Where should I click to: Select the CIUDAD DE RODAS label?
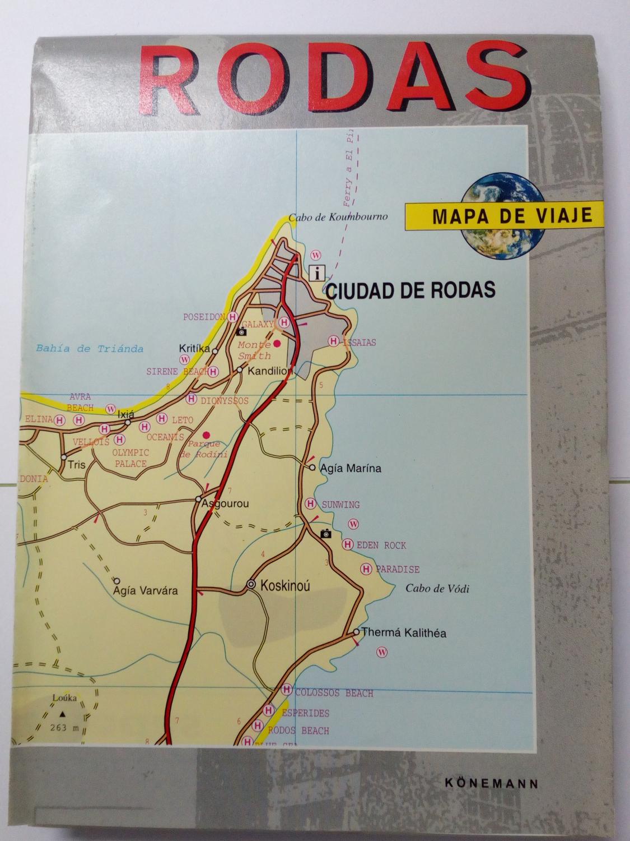click(x=410, y=289)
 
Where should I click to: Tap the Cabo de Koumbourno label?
click(x=338, y=218)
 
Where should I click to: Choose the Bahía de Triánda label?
click(x=90, y=349)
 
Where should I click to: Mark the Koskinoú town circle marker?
click(x=251, y=584)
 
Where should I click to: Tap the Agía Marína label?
click(x=350, y=468)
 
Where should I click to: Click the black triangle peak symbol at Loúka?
click(x=62, y=714)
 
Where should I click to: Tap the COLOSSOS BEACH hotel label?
click(x=334, y=694)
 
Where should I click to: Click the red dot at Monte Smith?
click(x=276, y=342)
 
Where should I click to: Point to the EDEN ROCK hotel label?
click(x=381, y=545)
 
